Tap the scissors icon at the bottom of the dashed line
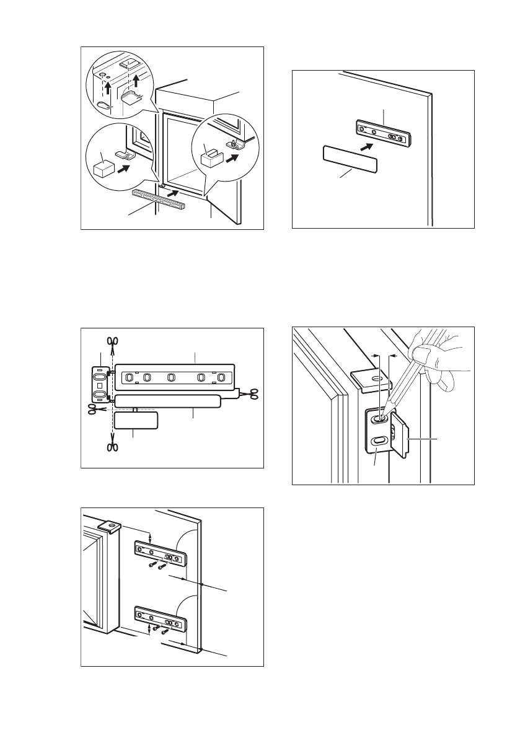112,447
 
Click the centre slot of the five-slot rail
172,377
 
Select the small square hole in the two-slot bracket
99,385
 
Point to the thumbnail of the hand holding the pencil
423,355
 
